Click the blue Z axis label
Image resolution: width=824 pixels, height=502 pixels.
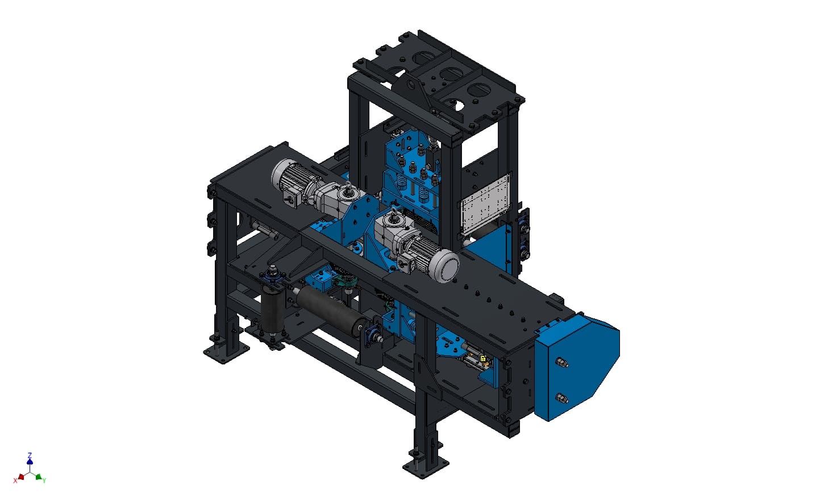30,455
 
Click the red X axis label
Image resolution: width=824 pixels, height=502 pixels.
15,480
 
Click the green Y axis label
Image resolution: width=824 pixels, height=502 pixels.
44,480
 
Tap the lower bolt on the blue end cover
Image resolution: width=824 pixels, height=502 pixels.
561,398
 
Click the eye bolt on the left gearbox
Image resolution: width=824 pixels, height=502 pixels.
348,186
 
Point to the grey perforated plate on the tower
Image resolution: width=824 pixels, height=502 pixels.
485,204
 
